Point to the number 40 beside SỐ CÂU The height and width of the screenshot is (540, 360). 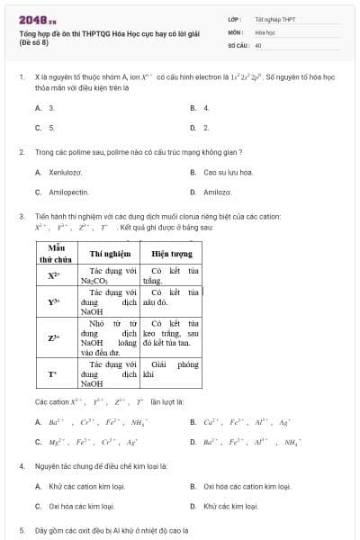(x=258, y=44)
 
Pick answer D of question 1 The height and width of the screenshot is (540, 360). (x=205, y=128)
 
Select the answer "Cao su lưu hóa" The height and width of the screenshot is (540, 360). (x=229, y=172)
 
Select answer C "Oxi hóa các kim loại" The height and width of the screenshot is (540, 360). (x=81, y=506)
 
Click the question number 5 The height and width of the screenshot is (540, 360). (x=22, y=530)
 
